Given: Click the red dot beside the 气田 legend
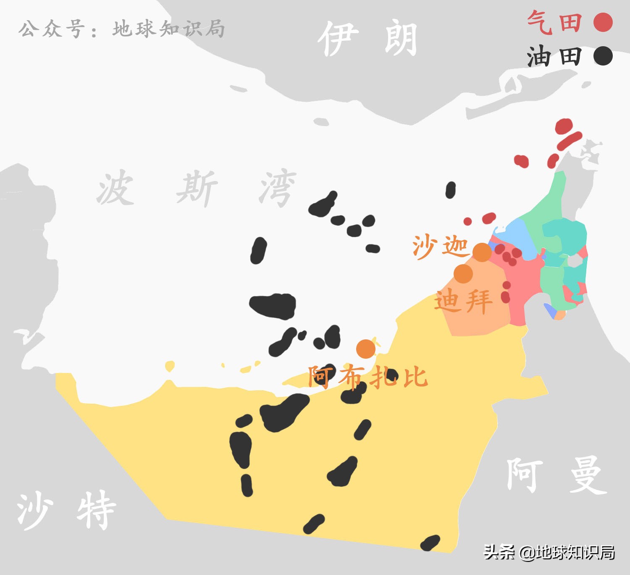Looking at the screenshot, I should point(603,22).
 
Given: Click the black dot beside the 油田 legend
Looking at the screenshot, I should point(603,56).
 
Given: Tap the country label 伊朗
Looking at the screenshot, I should point(367,39).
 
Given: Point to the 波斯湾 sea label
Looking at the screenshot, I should point(197,188).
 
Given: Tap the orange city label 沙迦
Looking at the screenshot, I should point(440,246).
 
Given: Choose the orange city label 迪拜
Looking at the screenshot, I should point(463,301).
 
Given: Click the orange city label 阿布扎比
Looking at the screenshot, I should point(368,376).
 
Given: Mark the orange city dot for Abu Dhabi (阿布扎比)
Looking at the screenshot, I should point(366,349).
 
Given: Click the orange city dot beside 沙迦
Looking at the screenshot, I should point(482,252).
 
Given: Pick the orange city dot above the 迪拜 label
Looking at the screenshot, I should point(463,274).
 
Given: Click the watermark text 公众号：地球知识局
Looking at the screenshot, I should point(122,29).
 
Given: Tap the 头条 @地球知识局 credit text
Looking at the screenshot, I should point(549,552).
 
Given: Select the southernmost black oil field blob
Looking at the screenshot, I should point(430,543).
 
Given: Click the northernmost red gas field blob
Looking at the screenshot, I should point(564,126).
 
